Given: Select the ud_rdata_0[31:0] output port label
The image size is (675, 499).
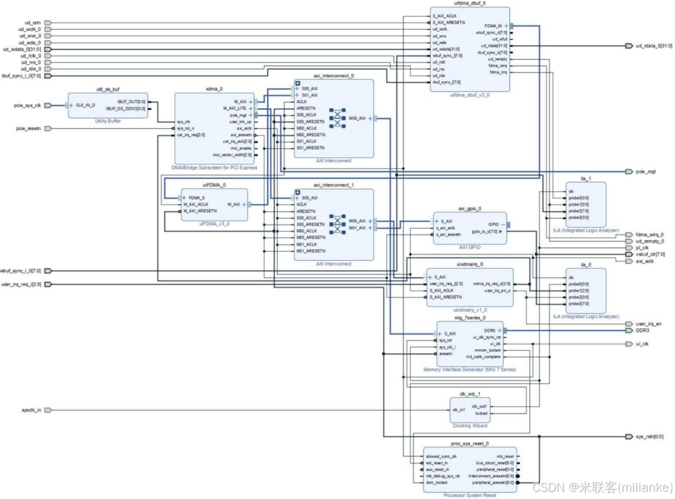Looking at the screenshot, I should pyautogui.click(x=654, y=46).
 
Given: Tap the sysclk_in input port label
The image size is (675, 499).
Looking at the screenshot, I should pyautogui.click(x=30, y=410).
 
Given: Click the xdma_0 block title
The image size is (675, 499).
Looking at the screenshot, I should pyautogui.click(x=214, y=89).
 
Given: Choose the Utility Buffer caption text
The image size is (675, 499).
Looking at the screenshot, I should pyautogui.click(x=107, y=121).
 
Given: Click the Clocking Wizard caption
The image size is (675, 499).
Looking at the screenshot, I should pyautogui.click(x=469, y=426).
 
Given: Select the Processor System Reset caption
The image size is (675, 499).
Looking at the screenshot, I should pyautogui.click(x=469, y=494).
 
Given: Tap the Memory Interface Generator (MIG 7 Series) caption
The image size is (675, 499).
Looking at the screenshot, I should pyautogui.click(x=469, y=370).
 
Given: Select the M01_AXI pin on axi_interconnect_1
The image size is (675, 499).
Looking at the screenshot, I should pyautogui.click(x=357, y=228).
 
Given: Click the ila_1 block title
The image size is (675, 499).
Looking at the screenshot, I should pyautogui.click(x=585, y=178).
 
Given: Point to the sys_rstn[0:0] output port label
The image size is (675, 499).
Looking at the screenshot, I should pyautogui.click(x=649, y=437).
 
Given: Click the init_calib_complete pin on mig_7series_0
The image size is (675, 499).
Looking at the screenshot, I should pyautogui.click(x=483, y=357).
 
